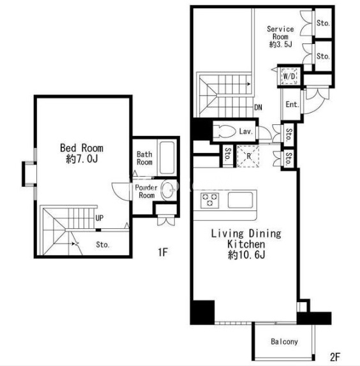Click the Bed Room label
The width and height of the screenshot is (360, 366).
[82, 148]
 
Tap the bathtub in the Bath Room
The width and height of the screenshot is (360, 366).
[167, 157]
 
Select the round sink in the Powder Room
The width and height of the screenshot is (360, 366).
[169, 191]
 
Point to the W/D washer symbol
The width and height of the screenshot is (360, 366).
[289, 76]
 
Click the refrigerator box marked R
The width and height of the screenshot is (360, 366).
[248, 156]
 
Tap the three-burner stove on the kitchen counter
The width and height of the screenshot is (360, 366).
[210, 200]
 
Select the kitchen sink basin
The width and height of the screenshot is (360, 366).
[240, 200]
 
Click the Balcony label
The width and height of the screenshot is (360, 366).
[284, 342]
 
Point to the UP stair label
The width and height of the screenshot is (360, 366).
[100, 218]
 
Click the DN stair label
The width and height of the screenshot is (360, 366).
[258, 107]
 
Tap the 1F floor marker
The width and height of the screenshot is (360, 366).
[163, 252]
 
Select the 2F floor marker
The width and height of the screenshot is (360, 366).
[335, 356]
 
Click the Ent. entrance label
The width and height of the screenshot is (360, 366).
[292, 105]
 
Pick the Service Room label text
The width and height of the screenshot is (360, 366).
[280, 33]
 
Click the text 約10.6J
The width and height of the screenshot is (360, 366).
[246, 255]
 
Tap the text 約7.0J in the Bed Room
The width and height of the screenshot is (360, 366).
[82, 159]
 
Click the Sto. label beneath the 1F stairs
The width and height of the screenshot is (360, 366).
[103, 245]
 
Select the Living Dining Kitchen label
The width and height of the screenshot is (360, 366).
[246, 238]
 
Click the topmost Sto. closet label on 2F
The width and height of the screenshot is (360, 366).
[323, 23]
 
